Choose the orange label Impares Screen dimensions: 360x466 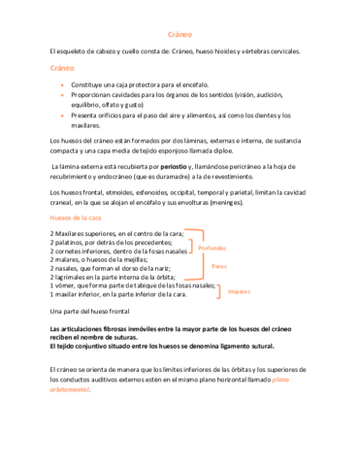(239, 289)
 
